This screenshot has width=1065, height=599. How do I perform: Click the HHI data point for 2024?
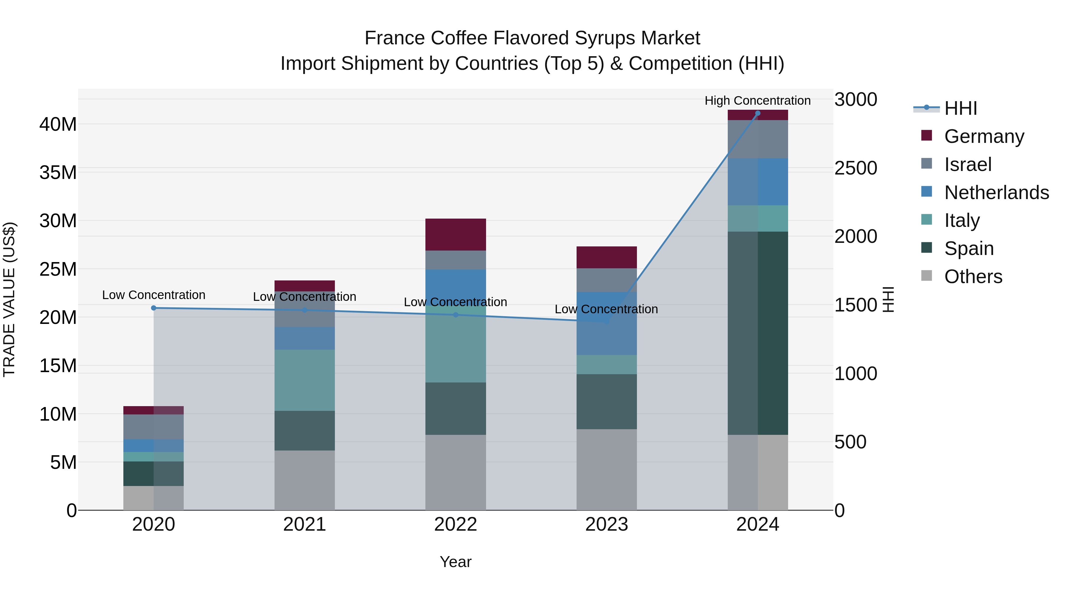pos(757,113)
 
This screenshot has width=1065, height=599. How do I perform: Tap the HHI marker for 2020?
pos(153,308)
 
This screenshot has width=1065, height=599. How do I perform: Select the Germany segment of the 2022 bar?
pos(455,234)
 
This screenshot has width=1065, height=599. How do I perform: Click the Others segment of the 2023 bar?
pos(606,470)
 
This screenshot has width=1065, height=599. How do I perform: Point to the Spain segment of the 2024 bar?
pos(757,333)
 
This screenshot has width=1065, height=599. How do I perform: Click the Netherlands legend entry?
pos(996,193)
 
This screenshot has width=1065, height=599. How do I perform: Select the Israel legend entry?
pos(967,164)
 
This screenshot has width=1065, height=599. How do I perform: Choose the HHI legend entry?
pos(960,108)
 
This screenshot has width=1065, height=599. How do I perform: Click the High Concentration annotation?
pos(757,101)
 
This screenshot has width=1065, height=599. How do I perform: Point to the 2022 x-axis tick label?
pos(455,524)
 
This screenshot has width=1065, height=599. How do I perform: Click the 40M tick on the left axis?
pos(58,124)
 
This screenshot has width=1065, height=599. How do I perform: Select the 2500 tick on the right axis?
pos(855,168)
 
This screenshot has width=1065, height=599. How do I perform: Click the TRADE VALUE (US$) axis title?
pos(9,299)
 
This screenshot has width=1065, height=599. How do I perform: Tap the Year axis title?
pos(455,562)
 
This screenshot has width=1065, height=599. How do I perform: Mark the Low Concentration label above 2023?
pos(606,309)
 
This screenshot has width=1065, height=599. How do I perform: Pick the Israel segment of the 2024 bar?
pos(757,139)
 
